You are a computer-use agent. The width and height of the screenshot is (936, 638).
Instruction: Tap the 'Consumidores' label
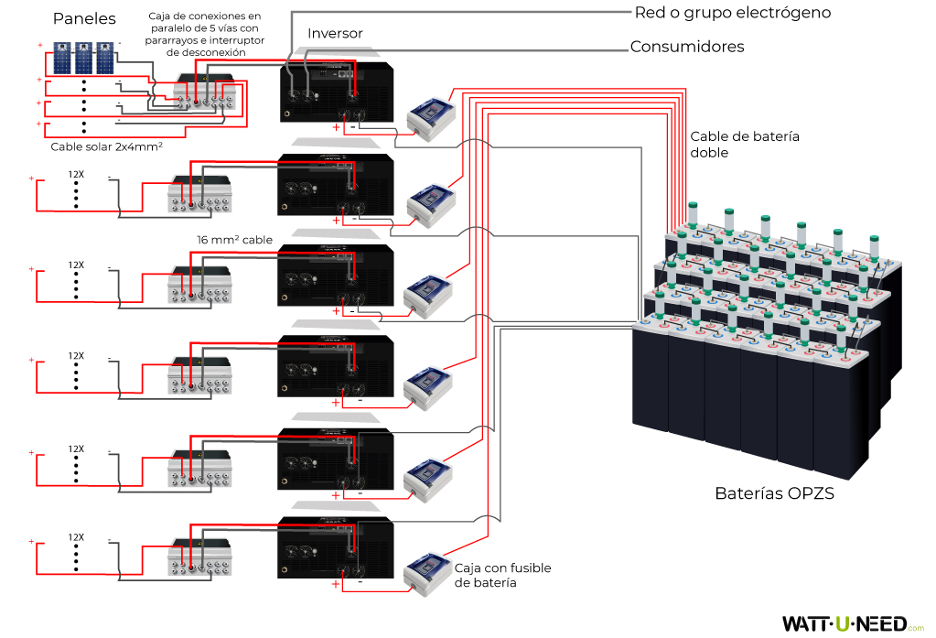pyautogui.click(x=687, y=47)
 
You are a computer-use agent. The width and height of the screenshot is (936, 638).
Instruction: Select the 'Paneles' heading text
pyautogui.click(x=84, y=19)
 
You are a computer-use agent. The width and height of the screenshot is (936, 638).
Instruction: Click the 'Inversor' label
pyautogui.click(x=335, y=34)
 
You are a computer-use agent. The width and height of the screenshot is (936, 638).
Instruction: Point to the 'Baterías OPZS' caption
pyautogui.click(x=774, y=494)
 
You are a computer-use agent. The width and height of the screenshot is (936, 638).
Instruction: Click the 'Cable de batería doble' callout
pyautogui.click(x=745, y=145)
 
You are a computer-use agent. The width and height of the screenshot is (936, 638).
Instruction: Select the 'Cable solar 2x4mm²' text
pyautogui.click(x=106, y=146)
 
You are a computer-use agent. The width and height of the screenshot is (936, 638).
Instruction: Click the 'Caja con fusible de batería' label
pyautogui.click(x=502, y=575)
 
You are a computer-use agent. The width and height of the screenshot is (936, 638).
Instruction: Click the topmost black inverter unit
pyautogui.click(x=337, y=92)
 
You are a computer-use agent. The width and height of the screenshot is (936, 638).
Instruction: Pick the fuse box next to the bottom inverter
pyautogui.click(x=429, y=572)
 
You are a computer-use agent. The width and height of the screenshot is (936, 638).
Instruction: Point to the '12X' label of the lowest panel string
pyautogui.click(x=76, y=537)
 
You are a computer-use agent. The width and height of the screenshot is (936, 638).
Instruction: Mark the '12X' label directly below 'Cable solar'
pyautogui.click(x=76, y=173)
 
